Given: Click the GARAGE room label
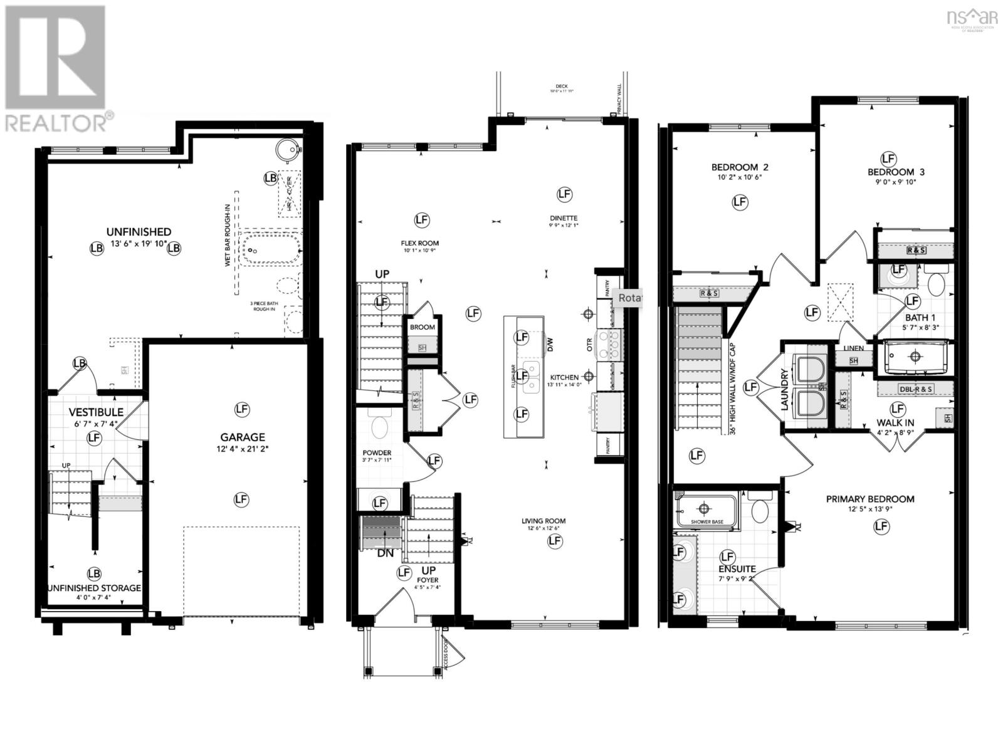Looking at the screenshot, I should tap(242, 437).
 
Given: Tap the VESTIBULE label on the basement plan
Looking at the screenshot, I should tap(96, 412).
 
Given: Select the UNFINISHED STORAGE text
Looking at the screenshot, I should tap(94, 588).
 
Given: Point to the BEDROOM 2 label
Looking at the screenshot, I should tap(740, 167).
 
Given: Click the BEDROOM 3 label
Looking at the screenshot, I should tap(896, 172).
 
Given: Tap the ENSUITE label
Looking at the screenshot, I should tap(737, 569).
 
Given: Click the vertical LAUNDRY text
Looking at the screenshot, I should tap(784, 389).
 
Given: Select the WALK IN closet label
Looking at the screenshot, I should tap(895, 423).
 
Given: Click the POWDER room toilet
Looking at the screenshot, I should tap(379, 427).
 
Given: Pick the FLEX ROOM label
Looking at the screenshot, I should tap(420, 243).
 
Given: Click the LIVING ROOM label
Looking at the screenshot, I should tap(544, 521).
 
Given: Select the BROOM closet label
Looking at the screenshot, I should tap(423, 327).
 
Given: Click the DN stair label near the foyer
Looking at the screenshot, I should tap(386, 553).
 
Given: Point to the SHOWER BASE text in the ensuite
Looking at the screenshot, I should tap(706, 522).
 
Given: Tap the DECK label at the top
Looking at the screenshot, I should tap(560, 86).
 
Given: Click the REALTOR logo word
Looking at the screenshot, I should tap(56, 122).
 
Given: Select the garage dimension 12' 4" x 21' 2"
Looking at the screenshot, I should tap(242, 449).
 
